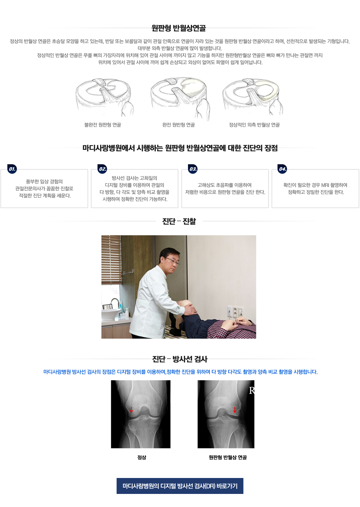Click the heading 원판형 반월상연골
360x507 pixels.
178,28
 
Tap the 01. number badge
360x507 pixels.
12,169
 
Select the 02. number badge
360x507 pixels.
103,169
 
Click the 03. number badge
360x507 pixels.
193,169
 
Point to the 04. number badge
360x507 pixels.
283,169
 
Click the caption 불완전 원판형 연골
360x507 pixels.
103,125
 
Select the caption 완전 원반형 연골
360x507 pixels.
178,125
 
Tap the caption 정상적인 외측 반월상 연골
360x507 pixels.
254,125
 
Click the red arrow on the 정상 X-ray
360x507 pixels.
131,410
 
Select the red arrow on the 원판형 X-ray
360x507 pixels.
235,410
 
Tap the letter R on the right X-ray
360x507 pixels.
252,391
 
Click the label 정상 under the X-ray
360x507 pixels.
141,457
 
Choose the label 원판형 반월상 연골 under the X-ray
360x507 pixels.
227,457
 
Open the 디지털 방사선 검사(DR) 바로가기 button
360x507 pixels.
180,486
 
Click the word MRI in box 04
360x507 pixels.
325,185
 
